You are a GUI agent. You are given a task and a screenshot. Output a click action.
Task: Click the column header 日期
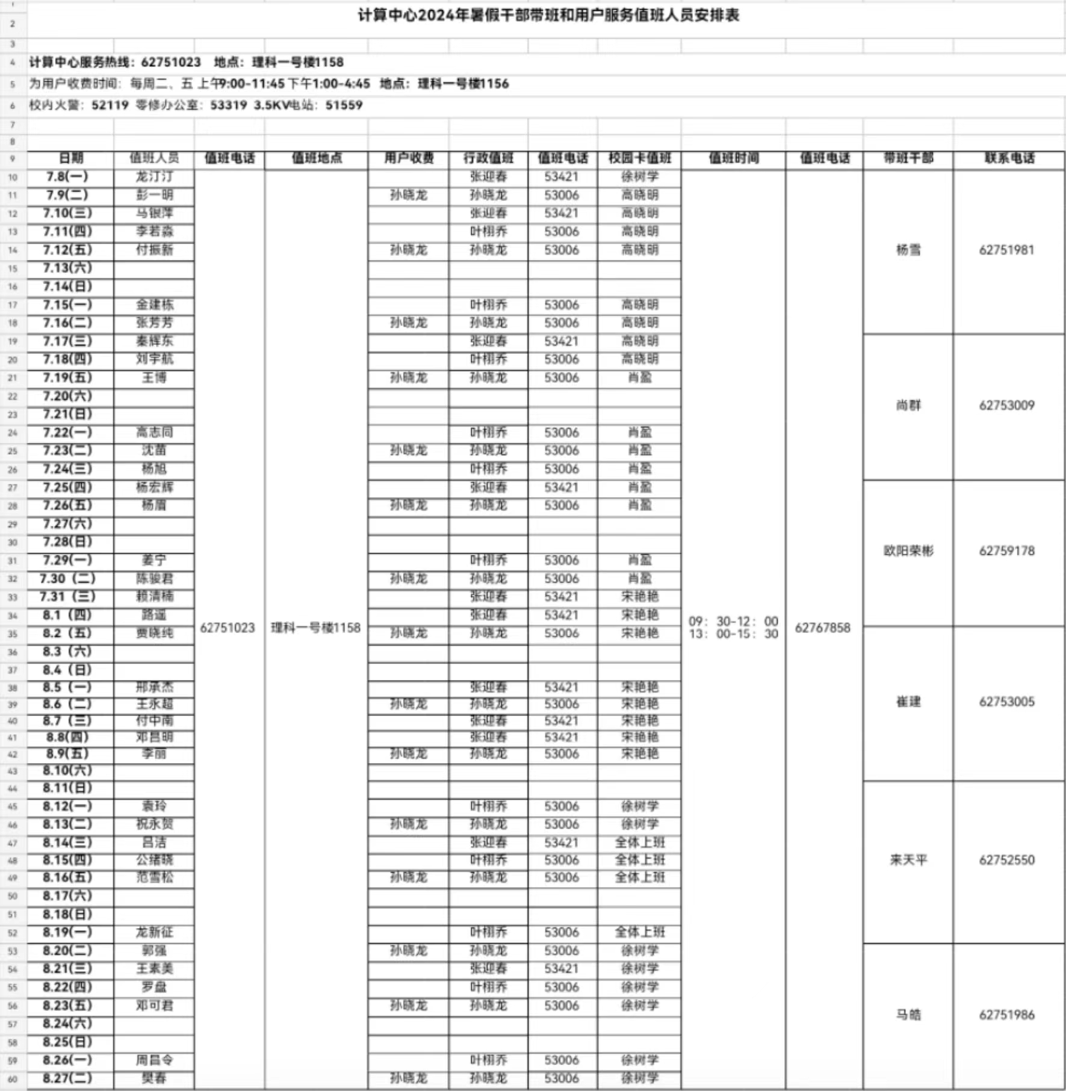70,158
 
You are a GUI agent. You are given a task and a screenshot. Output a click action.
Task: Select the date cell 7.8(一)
67,176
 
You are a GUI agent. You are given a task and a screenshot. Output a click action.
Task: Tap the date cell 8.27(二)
67,1078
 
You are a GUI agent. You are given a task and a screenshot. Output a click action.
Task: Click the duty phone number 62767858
822,628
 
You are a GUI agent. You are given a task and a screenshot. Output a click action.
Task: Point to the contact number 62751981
1006,250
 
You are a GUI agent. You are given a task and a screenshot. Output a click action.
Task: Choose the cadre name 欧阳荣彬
908,551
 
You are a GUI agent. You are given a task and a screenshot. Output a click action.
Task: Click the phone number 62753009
1006,405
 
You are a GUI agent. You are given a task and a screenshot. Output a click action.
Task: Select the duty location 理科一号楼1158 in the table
315,628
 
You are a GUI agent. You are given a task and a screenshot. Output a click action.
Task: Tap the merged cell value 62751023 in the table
228,628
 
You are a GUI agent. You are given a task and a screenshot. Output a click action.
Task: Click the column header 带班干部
908,158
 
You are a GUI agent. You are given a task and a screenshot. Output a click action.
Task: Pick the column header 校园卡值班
639,158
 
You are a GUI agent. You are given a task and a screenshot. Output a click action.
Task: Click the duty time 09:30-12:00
733,621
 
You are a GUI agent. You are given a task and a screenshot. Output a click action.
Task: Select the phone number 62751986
1006,1015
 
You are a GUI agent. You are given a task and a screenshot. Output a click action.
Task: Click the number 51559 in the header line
344,105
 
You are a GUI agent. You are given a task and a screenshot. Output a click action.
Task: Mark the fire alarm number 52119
110,105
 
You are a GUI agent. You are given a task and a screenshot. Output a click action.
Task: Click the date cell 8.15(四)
67,860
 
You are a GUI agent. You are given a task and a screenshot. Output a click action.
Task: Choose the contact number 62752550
1006,860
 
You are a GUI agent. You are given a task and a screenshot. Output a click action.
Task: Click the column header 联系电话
1009,158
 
